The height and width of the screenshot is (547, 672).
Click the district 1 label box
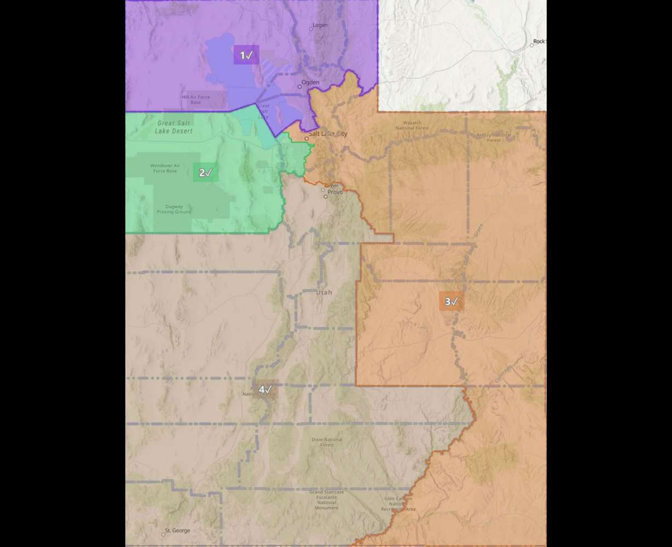tap(246, 55)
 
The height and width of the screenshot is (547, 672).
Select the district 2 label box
tap(205, 173)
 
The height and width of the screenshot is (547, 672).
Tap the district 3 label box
tap(451, 301)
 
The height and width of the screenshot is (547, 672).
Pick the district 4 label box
tap(265, 389)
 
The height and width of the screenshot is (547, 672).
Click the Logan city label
tap(320, 25)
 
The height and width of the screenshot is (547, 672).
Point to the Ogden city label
tap(310, 83)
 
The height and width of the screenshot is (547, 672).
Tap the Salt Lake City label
tap(328, 133)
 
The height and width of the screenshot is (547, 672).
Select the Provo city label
tap(335, 192)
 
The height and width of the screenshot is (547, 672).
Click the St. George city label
tap(177, 531)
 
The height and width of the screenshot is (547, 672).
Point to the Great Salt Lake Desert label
tap(173, 127)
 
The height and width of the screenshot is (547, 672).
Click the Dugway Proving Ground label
tap(174, 209)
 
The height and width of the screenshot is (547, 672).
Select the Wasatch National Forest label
tap(412, 125)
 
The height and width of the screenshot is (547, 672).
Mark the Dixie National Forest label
tap(327, 442)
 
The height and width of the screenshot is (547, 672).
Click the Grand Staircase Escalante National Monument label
tap(327, 499)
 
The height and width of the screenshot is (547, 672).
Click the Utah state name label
tap(324, 293)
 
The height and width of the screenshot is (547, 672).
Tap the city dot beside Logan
tap(311, 29)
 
